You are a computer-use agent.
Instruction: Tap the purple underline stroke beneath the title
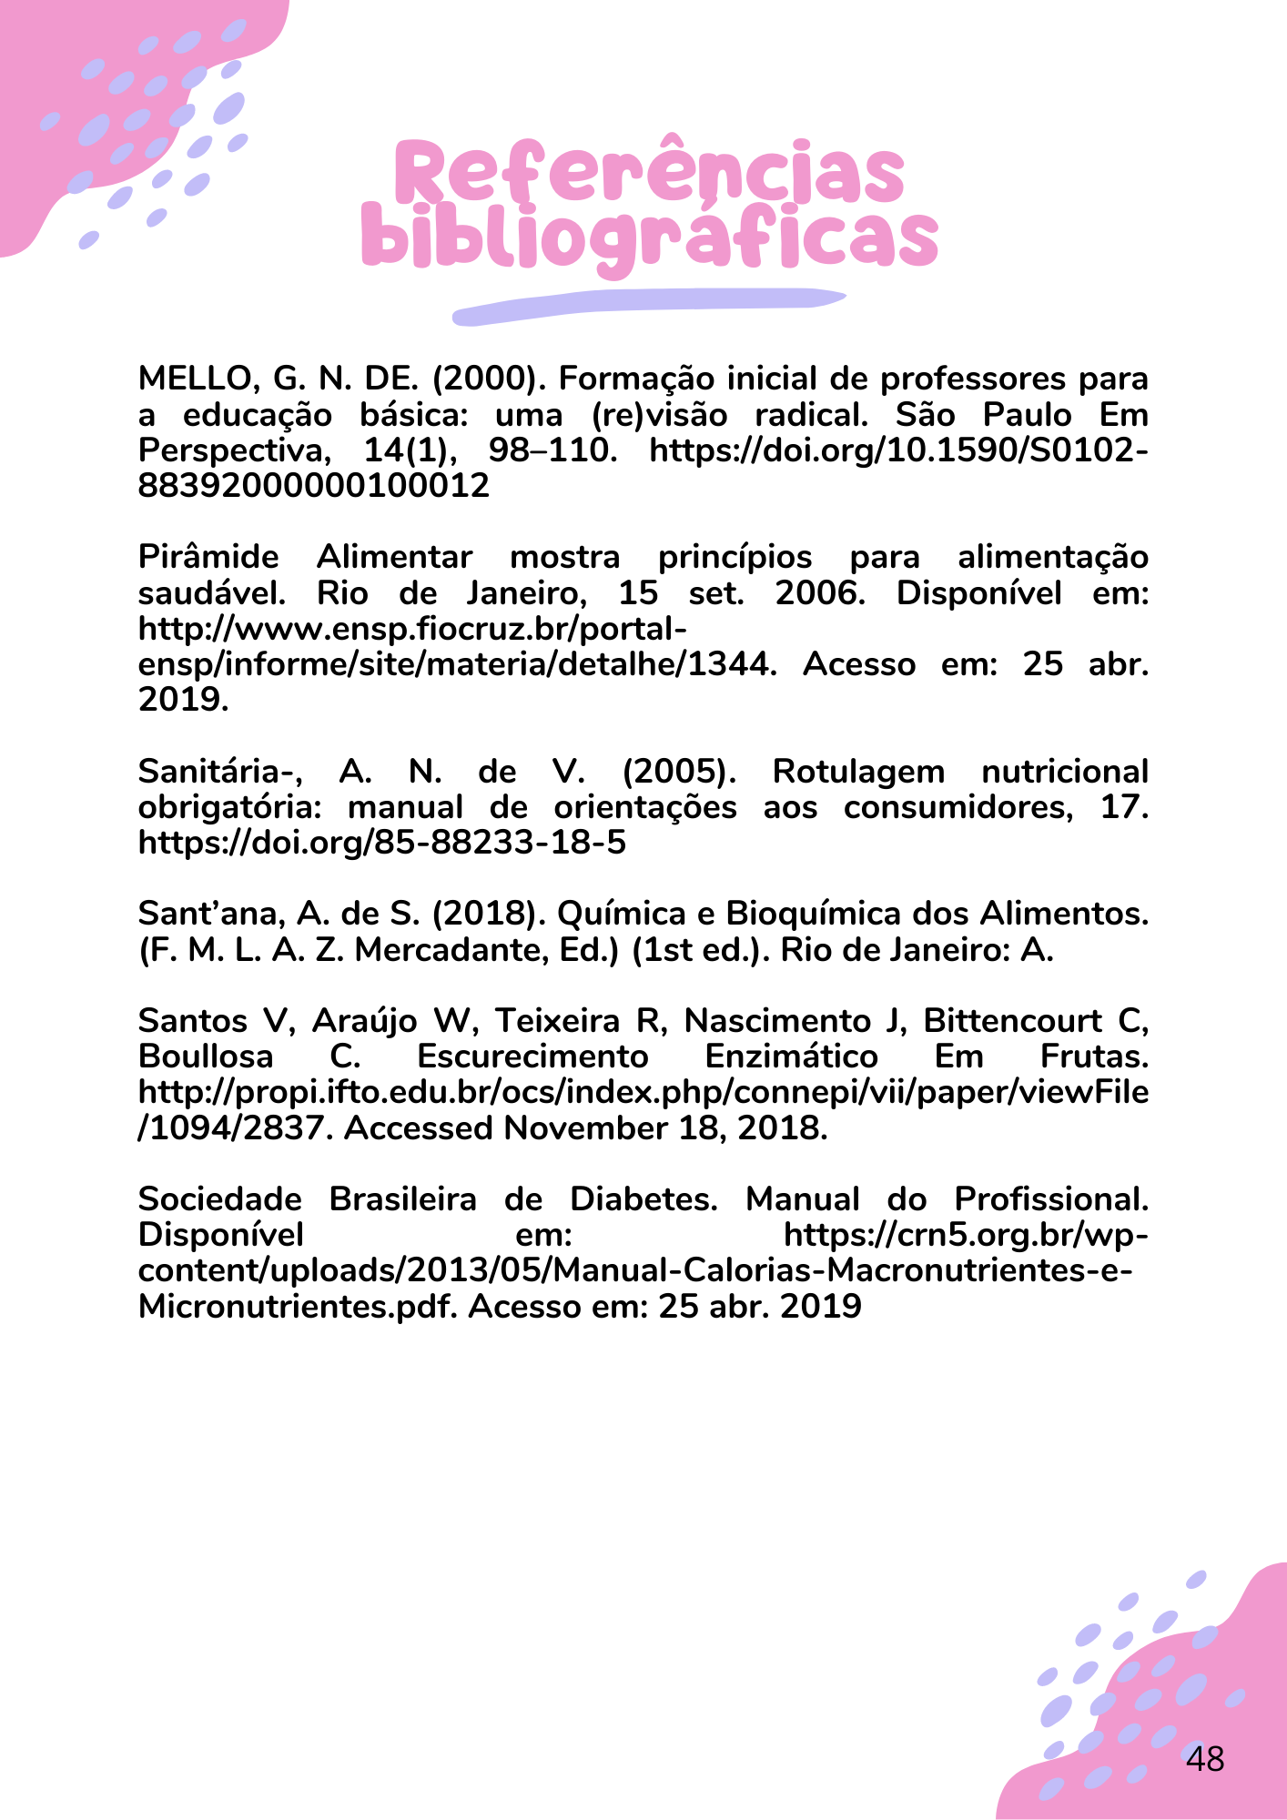[x=648, y=306]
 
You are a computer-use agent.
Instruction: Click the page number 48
[x=1205, y=1759]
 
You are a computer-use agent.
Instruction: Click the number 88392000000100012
[x=313, y=485]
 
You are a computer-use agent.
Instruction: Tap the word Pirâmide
[x=208, y=557]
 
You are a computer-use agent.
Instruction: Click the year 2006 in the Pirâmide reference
[x=818, y=592]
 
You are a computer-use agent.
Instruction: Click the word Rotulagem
[x=858, y=772]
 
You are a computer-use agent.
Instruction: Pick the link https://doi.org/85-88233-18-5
[x=382, y=843]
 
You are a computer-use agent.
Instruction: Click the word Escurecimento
[x=532, y=1057]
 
